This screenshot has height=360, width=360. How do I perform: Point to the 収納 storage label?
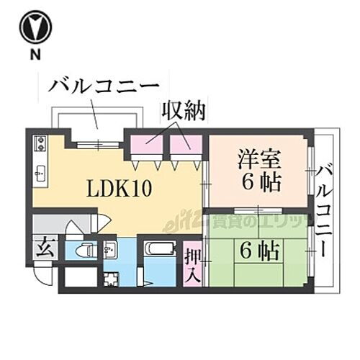click(x=183, y=112)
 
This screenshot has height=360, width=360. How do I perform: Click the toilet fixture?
click(x=85, y=251)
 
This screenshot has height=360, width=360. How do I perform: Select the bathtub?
click(x=160, y=250)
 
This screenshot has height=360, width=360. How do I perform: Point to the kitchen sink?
click(x=40, y=172)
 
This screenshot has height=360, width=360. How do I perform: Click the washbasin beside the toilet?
click(x=109, y=251)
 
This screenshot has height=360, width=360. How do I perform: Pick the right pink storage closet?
click(x=185, y=143)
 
